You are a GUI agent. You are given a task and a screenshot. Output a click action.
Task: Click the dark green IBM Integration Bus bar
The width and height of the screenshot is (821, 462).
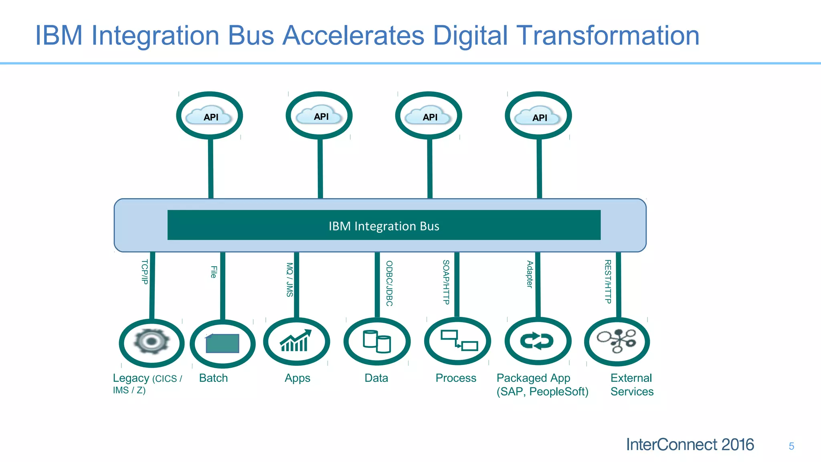click(x=384, y=225)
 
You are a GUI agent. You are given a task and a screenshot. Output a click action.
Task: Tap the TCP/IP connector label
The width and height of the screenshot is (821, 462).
click(x=145, y=272)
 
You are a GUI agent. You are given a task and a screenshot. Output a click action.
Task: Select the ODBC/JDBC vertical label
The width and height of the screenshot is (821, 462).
click(x=389, y=284)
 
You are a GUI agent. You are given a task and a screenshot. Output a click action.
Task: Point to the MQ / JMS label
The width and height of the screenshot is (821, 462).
click(x=289, y=280)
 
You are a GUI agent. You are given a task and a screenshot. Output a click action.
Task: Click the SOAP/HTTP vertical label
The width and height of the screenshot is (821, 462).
click(x=446, y=282)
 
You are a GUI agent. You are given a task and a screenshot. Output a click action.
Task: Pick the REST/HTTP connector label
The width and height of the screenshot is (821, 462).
click(x=608, y=282)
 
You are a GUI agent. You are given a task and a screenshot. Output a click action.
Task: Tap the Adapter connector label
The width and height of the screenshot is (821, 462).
click(x=530, y=274)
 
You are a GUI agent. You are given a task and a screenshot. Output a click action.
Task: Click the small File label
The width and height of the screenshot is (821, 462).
click(x=214, y=272)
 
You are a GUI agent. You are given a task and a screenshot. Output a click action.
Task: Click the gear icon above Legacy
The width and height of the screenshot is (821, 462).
click(x=152, y=342)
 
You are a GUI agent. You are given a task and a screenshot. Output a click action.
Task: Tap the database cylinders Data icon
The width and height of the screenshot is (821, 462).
click(x=377, y=341)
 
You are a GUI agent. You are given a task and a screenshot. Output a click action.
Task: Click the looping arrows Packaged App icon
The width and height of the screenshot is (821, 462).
click(x=537, y=341)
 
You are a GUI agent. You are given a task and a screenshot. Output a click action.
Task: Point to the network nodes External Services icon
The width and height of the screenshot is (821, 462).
click(x=617, y=341)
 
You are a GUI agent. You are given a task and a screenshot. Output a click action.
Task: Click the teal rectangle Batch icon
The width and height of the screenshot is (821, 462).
click(x=222, y=343)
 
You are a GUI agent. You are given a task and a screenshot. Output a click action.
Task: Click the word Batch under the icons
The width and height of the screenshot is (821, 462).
click(x=213, y=378)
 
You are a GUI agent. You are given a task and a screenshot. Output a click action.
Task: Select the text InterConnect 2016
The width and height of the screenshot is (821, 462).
click(x=690, y=445)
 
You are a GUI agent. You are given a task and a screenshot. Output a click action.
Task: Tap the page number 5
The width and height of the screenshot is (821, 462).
click(x=791, y=446)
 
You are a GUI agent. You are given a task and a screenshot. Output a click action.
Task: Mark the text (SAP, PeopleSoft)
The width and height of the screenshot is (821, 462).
click(x=542, y=392)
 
